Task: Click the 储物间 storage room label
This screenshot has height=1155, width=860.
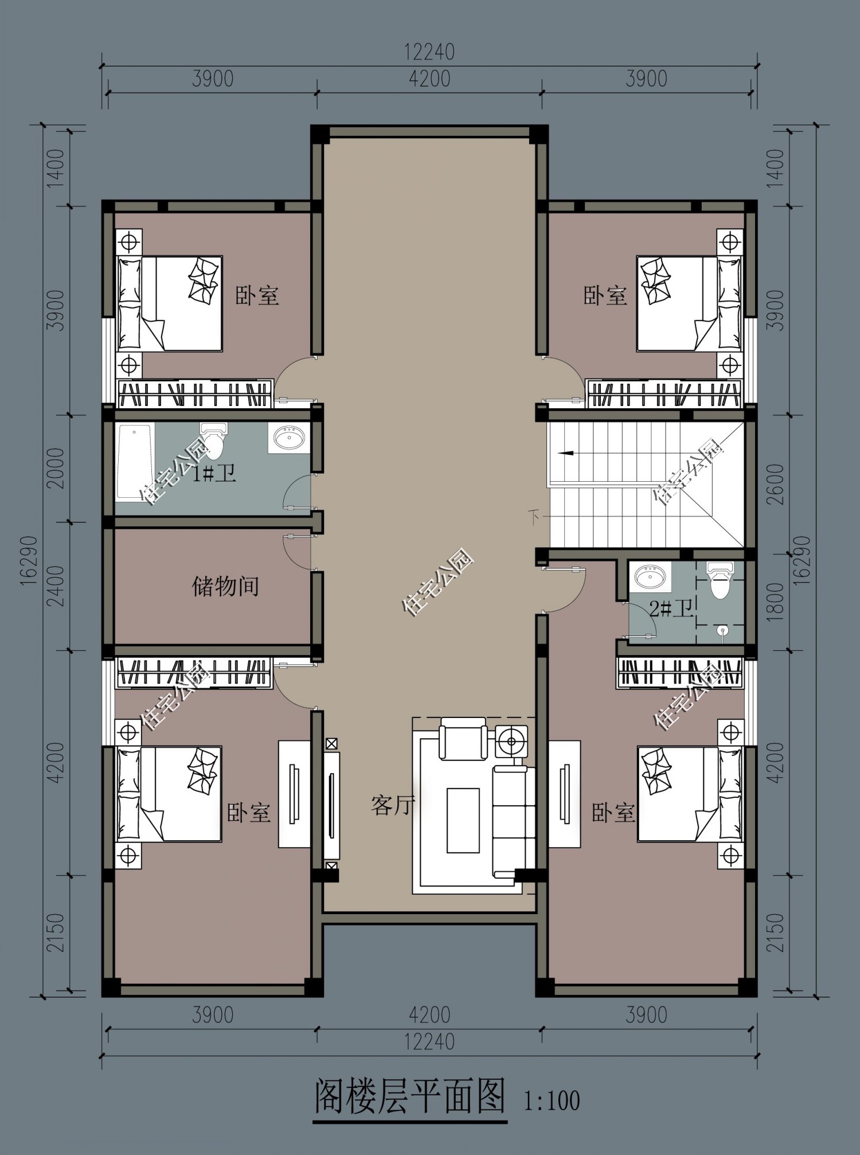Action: click(225, 587)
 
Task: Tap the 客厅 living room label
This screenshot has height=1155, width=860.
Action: click(393, 805)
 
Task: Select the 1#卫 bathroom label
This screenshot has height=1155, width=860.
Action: click(214, 474)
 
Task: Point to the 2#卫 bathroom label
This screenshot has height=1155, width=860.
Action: click(671, 608)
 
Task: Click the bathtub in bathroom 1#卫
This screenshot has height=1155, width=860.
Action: click(135, 462)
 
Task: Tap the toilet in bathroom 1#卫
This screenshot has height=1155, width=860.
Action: click(213, 440)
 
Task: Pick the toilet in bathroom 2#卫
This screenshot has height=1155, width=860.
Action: click(720, 579)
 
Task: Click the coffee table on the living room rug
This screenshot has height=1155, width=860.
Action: click(463, 821)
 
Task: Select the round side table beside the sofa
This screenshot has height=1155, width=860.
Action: click(511, 742)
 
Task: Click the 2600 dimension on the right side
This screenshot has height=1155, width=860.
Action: click(775, 484)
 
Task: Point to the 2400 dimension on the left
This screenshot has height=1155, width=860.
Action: click(56, 586)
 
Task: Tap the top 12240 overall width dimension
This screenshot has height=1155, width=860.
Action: click(429, 52)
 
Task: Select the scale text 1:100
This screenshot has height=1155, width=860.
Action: click(552, 1101)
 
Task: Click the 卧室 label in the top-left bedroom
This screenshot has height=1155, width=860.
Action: click(257, 296)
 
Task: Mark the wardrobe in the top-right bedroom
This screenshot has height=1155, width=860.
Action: click(665, 393)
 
